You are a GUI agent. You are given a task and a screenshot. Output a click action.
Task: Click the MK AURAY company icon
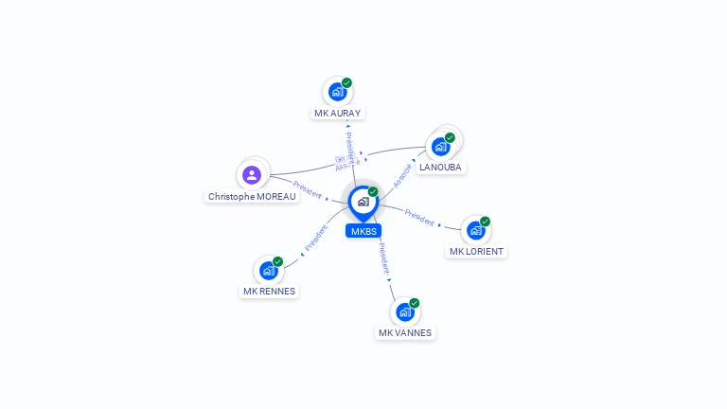336,92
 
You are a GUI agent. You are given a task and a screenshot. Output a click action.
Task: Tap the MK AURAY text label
337,113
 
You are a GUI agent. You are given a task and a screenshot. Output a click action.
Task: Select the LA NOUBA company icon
439,146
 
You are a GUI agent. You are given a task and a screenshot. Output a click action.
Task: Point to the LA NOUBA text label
440,167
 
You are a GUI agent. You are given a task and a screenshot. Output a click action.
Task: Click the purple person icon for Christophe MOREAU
251,175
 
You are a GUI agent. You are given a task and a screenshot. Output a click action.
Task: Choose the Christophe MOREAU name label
251,197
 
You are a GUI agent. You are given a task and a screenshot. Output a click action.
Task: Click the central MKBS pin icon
363,202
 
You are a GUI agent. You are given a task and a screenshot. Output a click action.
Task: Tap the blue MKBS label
363,231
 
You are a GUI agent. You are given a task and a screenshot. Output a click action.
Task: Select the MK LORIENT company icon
475,230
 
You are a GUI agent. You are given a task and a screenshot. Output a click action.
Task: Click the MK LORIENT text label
477,252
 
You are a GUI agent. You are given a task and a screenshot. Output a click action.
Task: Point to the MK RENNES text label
269,292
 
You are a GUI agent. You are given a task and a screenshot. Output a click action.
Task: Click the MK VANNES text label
405,333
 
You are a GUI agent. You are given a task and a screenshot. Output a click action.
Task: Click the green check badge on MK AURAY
347,83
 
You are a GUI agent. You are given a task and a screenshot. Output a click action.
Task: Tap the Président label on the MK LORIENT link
420,217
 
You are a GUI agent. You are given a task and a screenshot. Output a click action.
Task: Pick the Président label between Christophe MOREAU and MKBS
308,188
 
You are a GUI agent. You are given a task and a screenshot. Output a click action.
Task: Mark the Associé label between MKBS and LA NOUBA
403,174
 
